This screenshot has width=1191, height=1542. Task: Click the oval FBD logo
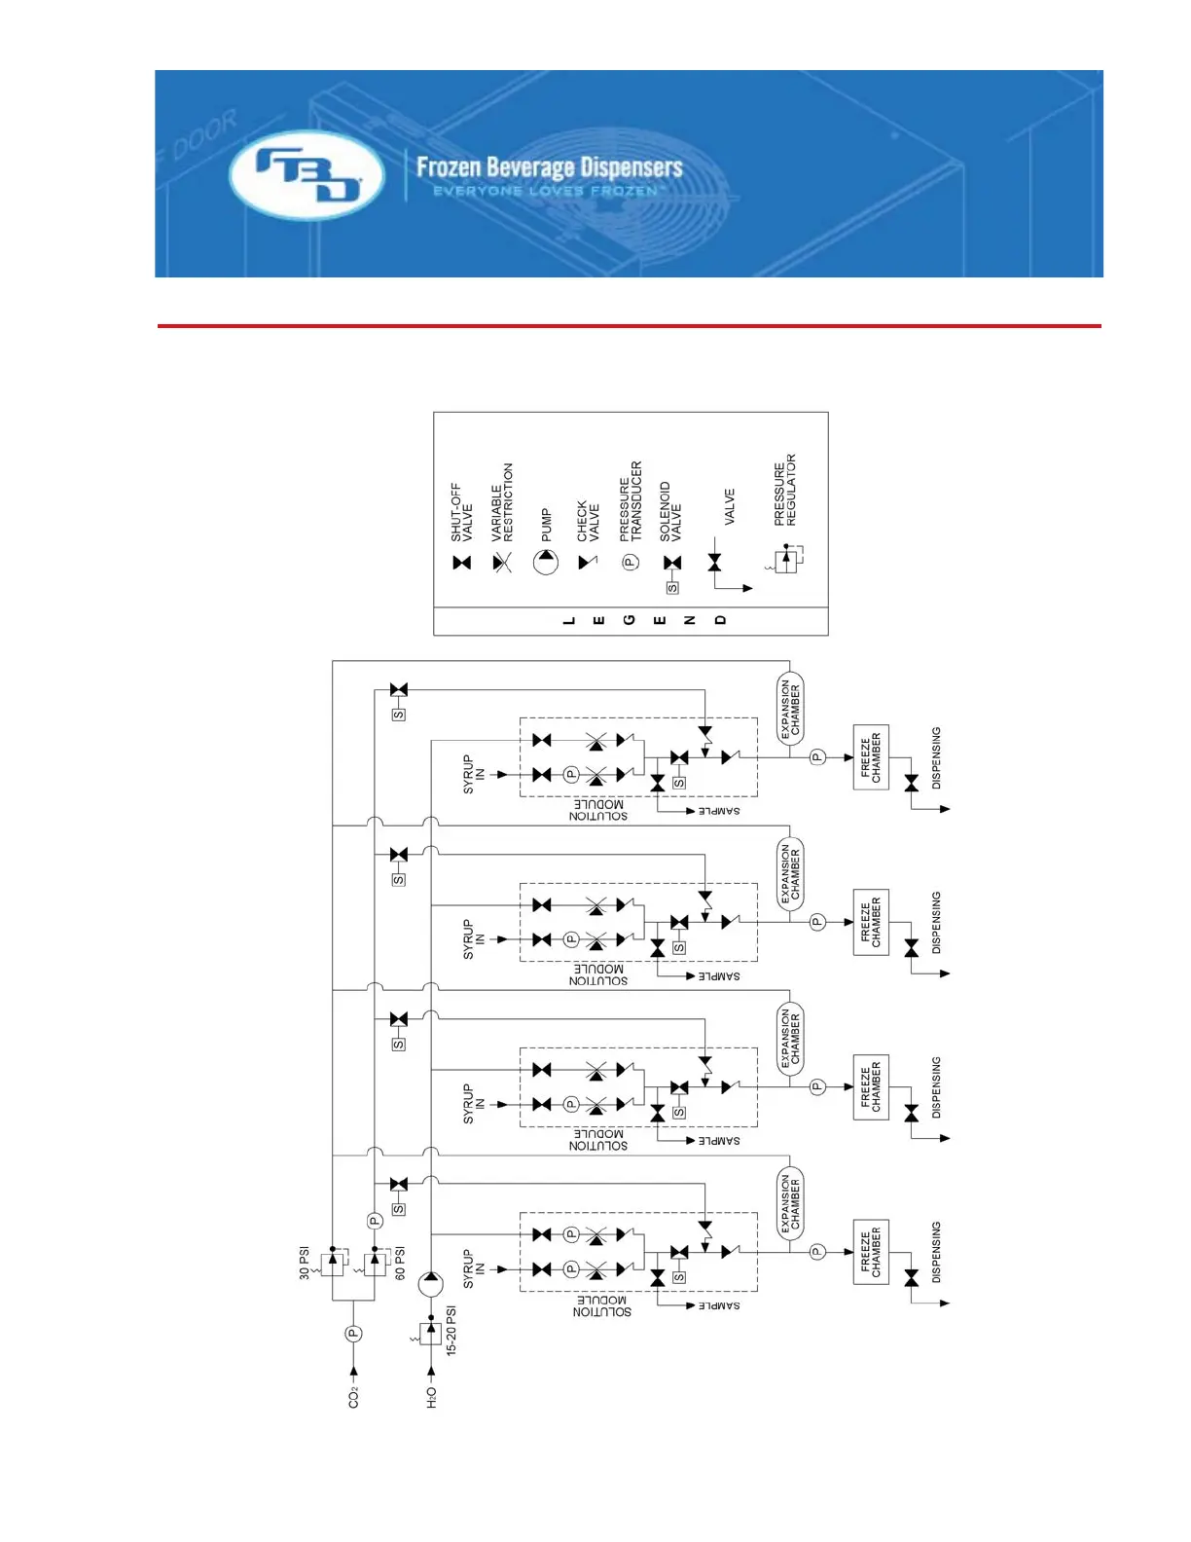[307, 176]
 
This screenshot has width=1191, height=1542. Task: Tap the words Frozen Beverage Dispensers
[549, 167]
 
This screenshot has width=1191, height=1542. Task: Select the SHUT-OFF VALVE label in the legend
[461, 512]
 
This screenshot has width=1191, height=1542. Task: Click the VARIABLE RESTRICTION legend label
[502, 502]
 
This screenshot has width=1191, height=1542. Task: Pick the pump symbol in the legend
[546, 562]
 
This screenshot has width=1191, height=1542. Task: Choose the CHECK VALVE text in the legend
[588, 521]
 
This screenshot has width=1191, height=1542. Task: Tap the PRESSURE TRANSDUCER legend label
[631, 501]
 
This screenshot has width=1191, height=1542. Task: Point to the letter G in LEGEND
[630, 620]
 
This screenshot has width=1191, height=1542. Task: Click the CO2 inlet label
[353, 1397]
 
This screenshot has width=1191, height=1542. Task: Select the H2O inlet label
[431, 1398]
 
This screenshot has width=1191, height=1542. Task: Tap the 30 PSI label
[305, 1263]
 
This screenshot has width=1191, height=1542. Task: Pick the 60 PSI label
[400, 1263]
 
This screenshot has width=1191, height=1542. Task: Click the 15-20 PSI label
[451, 1331]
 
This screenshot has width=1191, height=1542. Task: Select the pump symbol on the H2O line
[431, 1284]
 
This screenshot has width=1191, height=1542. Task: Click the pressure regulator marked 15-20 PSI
[430, 1333]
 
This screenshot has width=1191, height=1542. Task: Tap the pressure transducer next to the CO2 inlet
[353, 1334]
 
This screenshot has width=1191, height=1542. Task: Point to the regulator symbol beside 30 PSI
[333, 1263]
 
